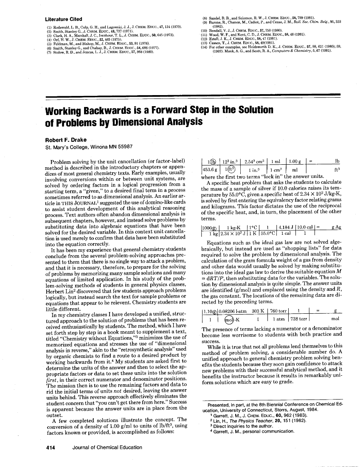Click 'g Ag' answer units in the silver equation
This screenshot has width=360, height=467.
(x=337, y=228)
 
